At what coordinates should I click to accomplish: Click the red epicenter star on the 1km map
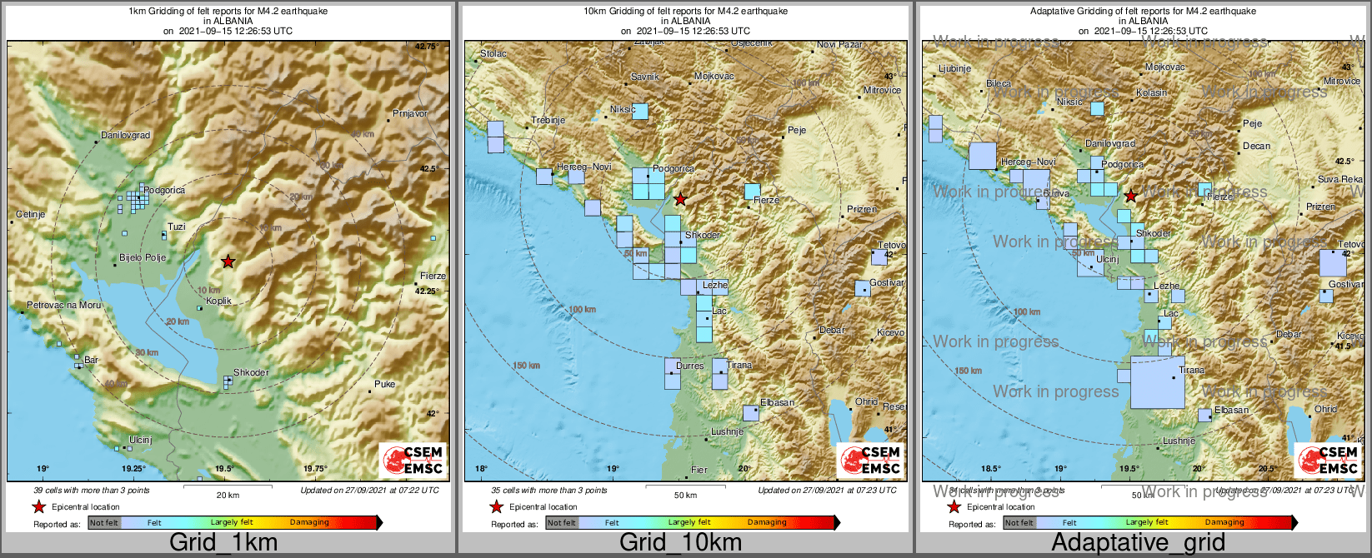(228, 262)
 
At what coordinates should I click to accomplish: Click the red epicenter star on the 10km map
(681, 199)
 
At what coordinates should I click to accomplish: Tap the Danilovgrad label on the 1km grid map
(125, 135)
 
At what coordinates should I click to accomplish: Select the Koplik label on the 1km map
(218, 301)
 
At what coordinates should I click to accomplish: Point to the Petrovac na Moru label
(64, 305)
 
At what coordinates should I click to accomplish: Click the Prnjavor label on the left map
(409, 113)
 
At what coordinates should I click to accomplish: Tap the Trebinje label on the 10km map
(548, 120)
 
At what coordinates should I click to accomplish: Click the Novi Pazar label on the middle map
(839, 44)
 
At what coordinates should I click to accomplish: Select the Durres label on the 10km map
(689, 366)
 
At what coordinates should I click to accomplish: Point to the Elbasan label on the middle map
(777, 402)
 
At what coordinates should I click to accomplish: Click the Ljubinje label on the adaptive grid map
(954, 68)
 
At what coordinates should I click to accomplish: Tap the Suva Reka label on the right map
(1339, 179)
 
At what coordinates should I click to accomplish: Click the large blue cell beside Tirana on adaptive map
(1157, 382)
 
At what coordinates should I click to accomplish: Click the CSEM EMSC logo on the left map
(413, 460)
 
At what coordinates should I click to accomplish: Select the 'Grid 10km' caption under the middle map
(680, 543)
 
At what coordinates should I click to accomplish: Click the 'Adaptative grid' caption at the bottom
(1138, 543)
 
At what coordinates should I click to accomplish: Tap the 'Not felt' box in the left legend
(104, 523)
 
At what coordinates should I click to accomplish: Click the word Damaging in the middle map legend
(767, 522)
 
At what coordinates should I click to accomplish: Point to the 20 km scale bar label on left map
(228, 495)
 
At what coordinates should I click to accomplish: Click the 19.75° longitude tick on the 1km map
(314, 469)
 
